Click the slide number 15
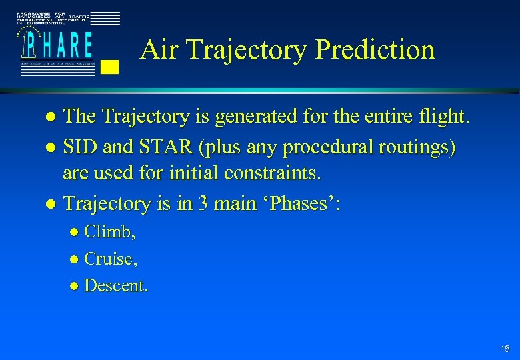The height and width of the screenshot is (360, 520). pyautogui.click(x=504, y=349)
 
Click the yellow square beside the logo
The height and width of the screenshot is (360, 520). pyautogui.click(x=111, y=65)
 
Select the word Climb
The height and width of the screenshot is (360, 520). pyautogui.click(x=109, y=232)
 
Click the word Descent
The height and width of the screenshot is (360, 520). pyautogui.click(x=115, y=285)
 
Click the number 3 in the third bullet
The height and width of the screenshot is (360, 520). pyautogui.click(x=202, y=203)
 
